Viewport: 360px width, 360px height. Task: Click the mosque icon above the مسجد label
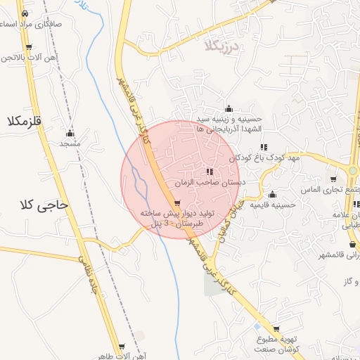coord(70,134)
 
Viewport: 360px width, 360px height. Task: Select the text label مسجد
coord(70,143)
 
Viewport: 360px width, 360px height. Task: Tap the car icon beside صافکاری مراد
coord(25,13)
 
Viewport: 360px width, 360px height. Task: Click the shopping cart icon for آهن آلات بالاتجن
coord(29,46)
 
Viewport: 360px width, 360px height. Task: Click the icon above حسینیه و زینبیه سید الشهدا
coord(229,108)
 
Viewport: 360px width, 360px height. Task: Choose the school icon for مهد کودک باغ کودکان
coord(264,147)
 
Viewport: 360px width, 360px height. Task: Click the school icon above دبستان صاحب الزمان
coord(210,172)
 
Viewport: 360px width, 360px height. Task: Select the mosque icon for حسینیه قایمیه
coord(273,195)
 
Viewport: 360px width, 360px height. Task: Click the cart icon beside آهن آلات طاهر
coord(122,346)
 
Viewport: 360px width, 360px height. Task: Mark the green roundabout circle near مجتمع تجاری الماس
coord(353,171)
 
